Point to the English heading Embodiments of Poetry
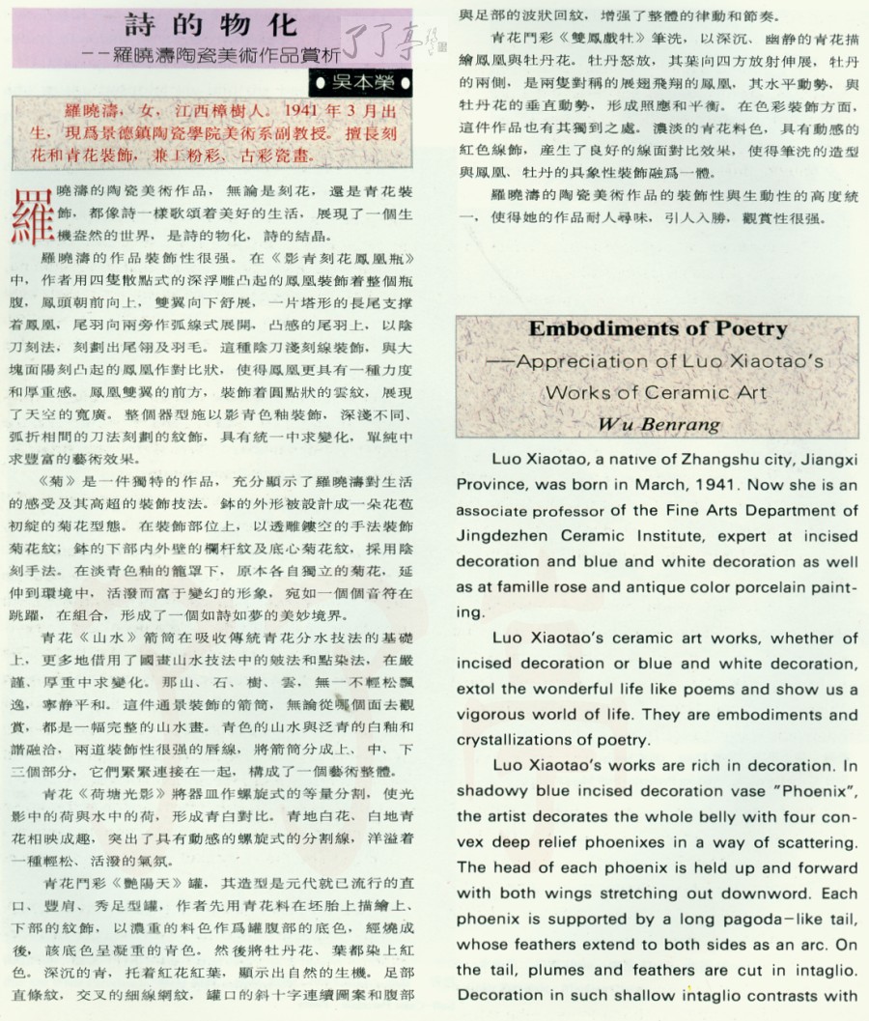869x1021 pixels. click(658, 328)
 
